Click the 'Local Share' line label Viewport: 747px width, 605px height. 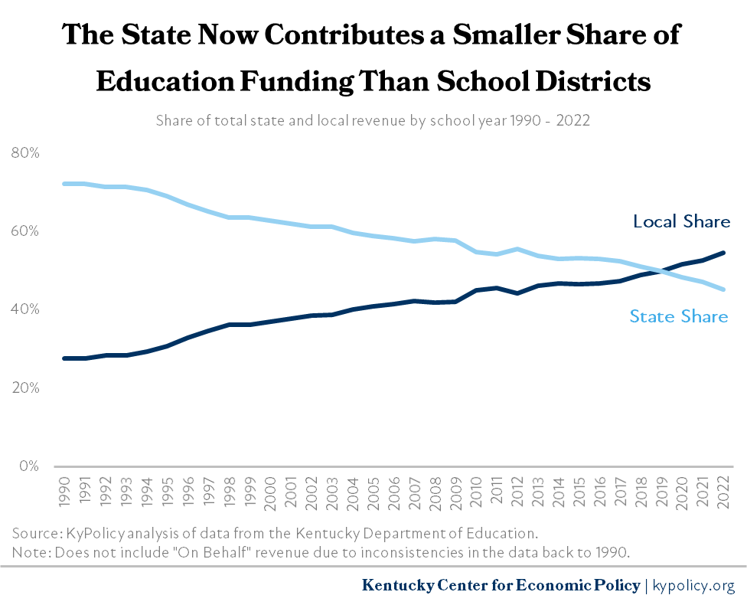(681, 222)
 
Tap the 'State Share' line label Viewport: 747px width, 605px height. (678, 316)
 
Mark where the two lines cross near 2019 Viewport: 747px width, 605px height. (660, 270)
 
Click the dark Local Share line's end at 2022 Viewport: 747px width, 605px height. (723, 253)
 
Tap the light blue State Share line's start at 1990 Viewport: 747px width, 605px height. (65, 184)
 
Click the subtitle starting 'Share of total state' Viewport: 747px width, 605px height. (373, 121)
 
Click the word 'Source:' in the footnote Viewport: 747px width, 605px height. (34, 532)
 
